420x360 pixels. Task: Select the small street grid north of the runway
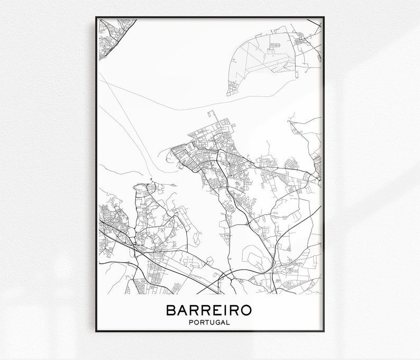275,45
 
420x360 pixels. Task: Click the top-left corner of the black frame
96,18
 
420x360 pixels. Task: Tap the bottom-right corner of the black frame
323,331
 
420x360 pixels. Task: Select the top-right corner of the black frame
323,18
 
